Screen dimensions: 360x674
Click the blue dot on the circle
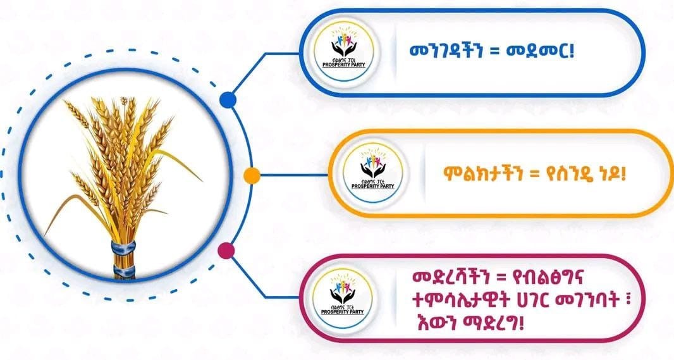coord(228,99)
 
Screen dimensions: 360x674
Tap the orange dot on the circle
coord(251,175)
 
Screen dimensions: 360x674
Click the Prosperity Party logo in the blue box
coord(343,53)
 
